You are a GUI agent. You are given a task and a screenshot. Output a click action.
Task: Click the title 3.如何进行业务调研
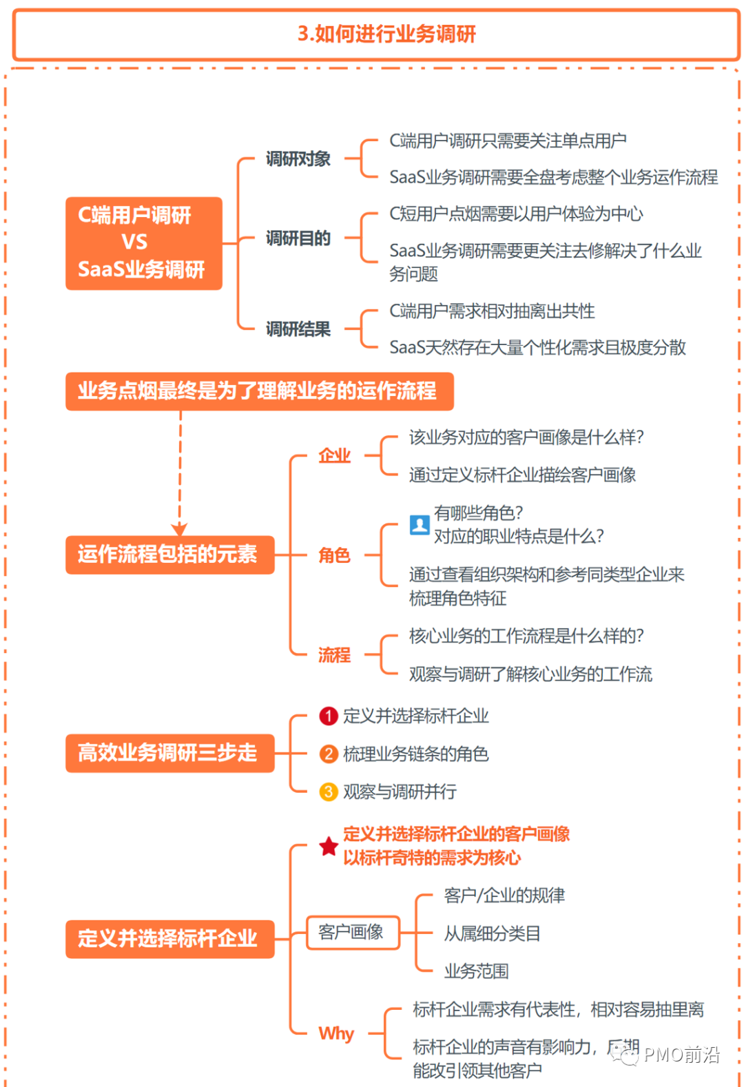(386, 34)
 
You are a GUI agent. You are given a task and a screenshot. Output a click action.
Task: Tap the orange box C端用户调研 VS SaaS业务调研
(143, 243)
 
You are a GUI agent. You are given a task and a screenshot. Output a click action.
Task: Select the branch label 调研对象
(298, 159)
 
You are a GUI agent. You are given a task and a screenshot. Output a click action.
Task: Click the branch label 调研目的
(298, 238)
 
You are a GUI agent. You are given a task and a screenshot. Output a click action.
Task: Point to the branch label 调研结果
(298, 329)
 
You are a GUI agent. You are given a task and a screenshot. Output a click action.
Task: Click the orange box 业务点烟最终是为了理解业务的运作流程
(259, 391)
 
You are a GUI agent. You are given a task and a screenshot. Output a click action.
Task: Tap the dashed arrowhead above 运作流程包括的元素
(180, 528)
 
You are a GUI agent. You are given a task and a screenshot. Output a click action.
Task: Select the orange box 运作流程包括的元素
(169, 555)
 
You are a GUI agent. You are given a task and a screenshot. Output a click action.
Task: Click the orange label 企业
(334, 455)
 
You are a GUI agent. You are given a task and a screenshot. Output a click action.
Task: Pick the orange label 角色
(334, 555)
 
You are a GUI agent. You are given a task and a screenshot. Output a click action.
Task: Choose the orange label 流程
(334, 654)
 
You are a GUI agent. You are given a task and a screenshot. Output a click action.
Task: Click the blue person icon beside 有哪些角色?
(420, 525)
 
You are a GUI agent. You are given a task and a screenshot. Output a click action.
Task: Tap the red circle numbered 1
(329, 716)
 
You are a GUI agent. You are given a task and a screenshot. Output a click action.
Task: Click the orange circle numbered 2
(329, 754)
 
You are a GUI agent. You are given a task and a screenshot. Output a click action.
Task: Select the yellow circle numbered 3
(329, 791)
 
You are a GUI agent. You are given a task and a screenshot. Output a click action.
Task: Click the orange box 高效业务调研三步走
(169, 753)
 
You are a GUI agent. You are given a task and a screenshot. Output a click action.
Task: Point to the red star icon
(329, 846)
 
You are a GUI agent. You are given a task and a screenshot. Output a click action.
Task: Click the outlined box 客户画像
(353, 933)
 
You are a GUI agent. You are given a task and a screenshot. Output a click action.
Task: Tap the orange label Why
(336, 1033)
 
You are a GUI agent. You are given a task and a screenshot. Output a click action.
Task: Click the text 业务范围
(476, 971)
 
